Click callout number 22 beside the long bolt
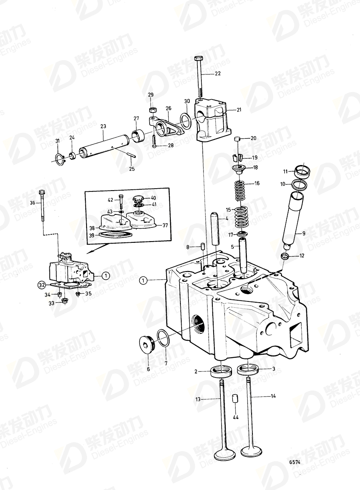[x=218, y=74]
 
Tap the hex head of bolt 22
[x=198, y=59]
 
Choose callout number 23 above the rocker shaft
[x=103, y=127]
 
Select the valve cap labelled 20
[x=238, y=140]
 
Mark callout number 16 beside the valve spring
[x=256, y=183]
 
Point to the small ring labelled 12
[x=285, y=256]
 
